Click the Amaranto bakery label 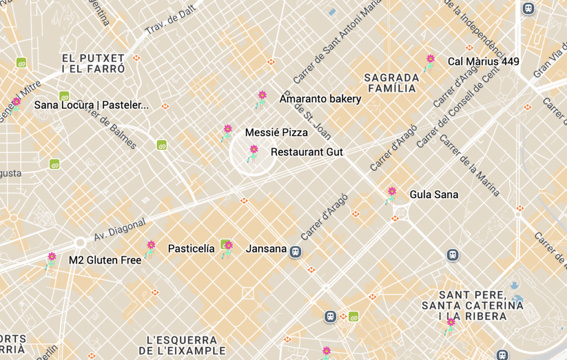point(320,99)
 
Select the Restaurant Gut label point(307,152)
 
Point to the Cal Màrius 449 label point(483,61)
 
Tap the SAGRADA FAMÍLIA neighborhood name point(391,83)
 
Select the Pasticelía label point(191,249)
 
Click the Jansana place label point(266,249)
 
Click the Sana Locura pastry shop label point(91,105)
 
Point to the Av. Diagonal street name point(120,229)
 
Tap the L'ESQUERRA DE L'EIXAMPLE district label point(182,345)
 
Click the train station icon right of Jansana point(296,251)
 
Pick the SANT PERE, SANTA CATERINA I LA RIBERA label point(472,305)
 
